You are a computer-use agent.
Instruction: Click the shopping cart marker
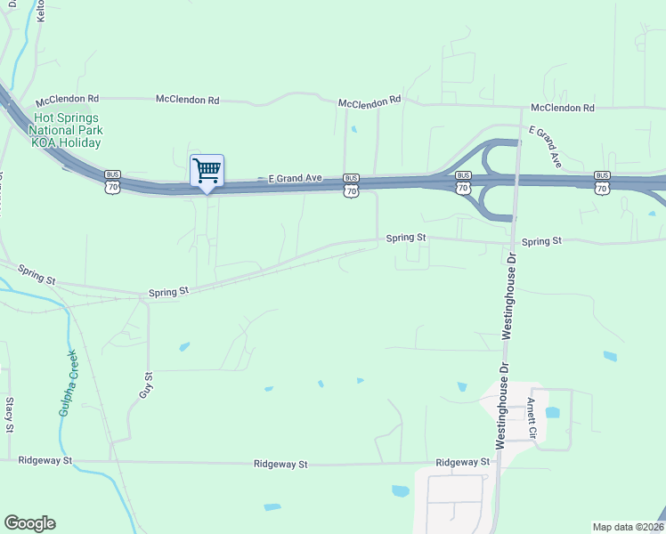[207, 171]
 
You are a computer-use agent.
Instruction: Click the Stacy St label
[10, 415]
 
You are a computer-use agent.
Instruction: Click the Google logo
[29, 523]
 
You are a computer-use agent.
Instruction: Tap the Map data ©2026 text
[628, 527]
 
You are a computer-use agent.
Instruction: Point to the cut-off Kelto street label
[40, 11]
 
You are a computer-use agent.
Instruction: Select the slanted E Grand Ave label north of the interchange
[544, 147]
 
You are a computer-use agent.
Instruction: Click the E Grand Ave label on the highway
[295, 179]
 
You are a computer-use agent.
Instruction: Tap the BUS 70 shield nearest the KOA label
[112, 181]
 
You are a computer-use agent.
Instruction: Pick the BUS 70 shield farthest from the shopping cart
[602, 182]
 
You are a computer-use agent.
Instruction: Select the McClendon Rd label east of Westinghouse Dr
[563, 108]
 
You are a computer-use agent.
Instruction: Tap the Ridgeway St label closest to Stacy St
[45, 460]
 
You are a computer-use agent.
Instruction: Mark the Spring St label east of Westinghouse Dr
[541, 241]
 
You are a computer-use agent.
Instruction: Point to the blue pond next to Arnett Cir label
[552, 412]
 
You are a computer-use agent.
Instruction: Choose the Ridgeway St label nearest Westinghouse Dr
[463, 463]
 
